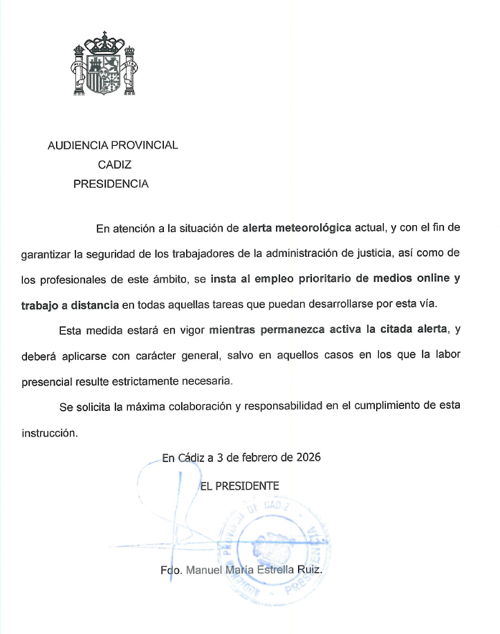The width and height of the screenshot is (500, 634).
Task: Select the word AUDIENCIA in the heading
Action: click(75, 145)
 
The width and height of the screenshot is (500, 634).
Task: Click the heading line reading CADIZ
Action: click(114, 164)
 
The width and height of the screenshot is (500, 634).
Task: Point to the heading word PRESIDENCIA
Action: click(111, 184)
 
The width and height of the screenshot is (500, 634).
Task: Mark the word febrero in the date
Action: click(254, 457)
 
